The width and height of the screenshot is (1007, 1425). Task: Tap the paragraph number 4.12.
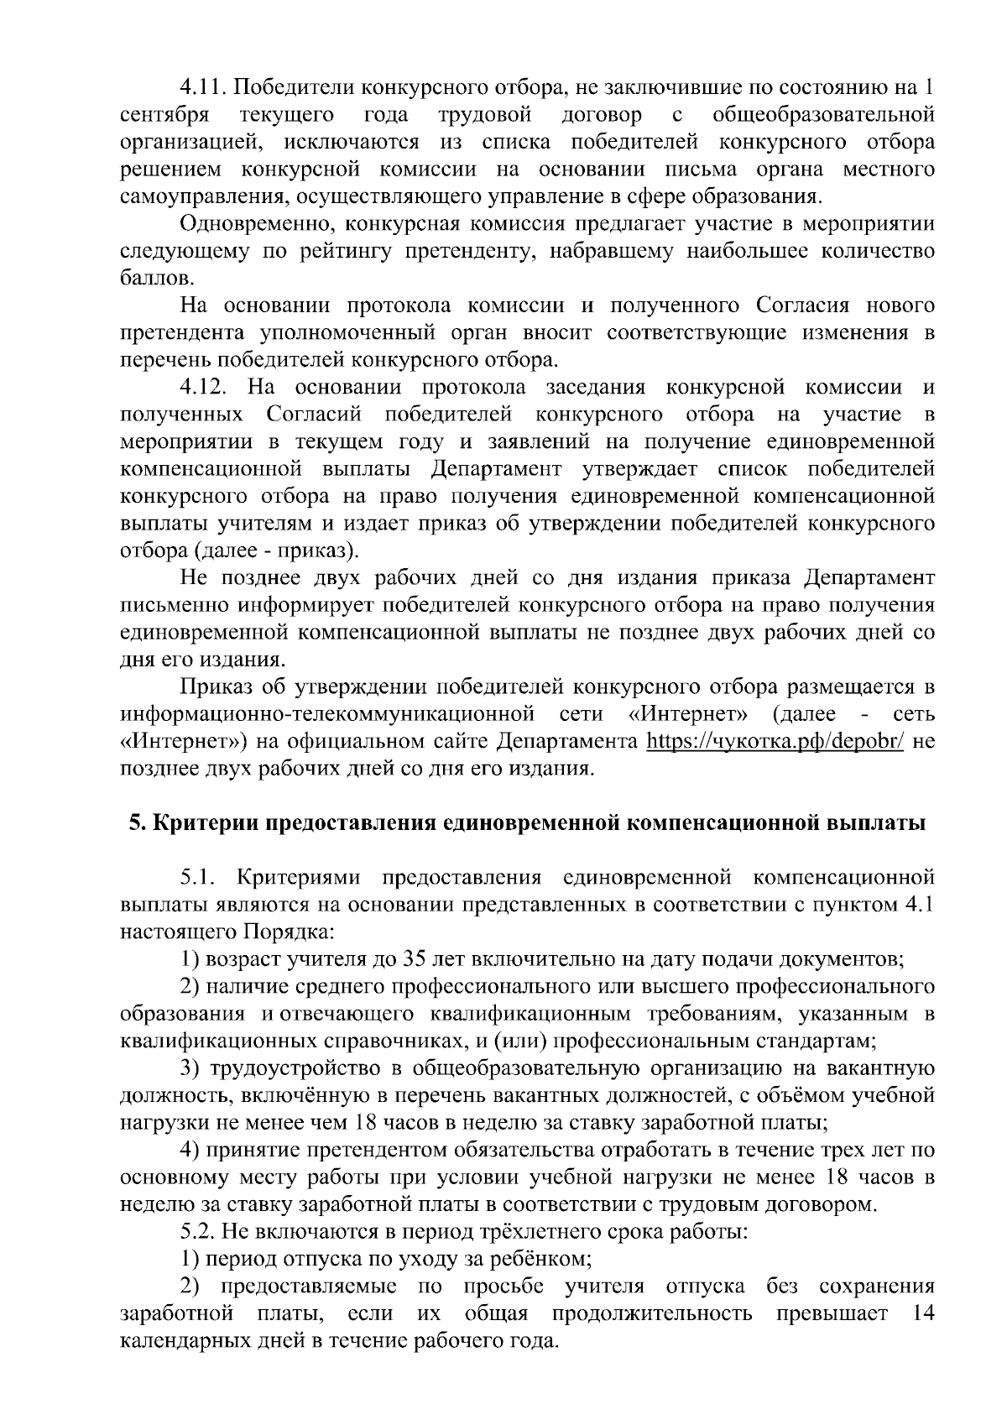click(x=205, y=387)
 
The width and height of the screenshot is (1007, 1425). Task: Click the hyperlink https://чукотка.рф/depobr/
click(x=775, y=742)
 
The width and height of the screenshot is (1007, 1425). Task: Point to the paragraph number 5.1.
click(x=200, y=878)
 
